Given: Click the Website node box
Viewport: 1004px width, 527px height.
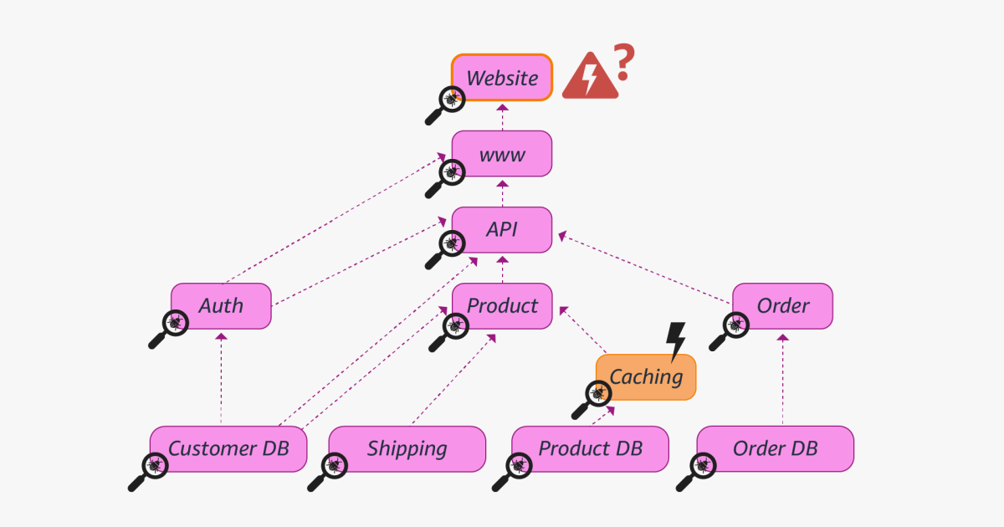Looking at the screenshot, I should [x=502, y=78].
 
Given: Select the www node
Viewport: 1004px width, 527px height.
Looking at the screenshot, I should [x=502, y=154].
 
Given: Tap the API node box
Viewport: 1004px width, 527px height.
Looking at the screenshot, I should [x=502, y=230].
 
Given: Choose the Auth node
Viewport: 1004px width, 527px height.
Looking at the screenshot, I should [x=222, y=306].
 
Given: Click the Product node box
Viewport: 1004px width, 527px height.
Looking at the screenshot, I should [x=502, y=306].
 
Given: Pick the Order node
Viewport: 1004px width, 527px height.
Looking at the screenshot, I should [x=783, y=306].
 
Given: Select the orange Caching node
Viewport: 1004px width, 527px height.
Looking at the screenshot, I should [x=646, y=377].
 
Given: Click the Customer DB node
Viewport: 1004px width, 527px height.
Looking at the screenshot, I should [x=228, y=449].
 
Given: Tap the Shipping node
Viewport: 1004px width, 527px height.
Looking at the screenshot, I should [x=407, y=449].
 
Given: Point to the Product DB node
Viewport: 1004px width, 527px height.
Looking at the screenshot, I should [x=591, y=449].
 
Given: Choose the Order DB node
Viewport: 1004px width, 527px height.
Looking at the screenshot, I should [x=776, y=449].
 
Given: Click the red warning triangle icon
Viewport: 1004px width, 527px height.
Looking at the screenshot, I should [x=590, y=78].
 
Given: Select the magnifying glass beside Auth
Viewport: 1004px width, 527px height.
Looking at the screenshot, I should [x=168, y=328].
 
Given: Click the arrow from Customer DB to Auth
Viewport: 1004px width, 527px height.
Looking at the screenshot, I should [x=222, y=376].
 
